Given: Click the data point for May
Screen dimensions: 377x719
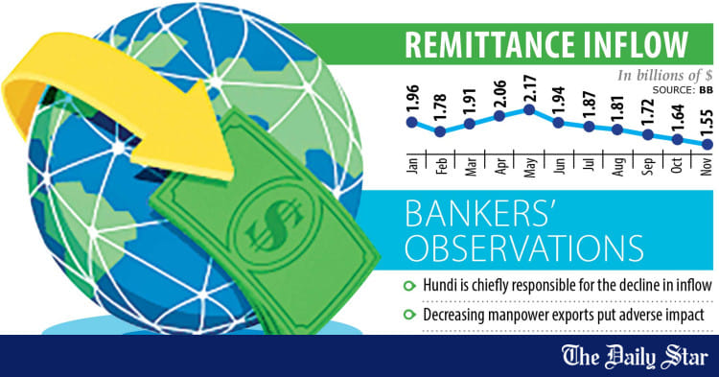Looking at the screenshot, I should (x=530, y=110).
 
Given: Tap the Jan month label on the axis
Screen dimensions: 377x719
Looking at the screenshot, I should (x=412, y=165).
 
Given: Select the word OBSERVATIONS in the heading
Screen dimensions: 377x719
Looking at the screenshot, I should (x=523, y=247).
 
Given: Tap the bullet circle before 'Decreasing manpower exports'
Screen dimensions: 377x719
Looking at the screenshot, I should (x=409, y=312).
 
